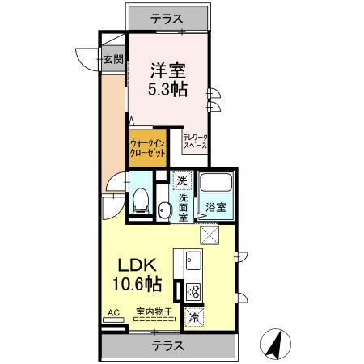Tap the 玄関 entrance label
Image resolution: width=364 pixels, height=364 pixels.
(x=113, y=58)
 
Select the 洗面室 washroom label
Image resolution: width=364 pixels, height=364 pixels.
(x=184, y=207)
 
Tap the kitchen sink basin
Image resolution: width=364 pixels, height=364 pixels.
(x=194, y=260)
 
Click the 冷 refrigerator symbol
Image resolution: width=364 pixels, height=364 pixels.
(x=194, y=318)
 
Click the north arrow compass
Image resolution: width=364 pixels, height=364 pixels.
(x=277, y=345)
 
